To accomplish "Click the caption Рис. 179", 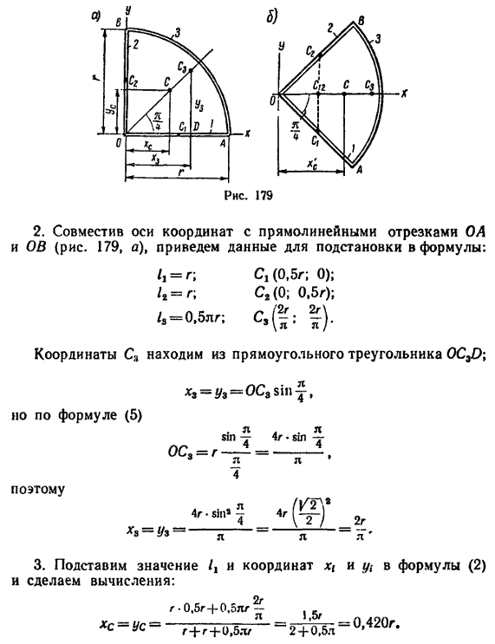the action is [x=248, y=195].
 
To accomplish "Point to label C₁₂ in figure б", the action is [x=319, y=86].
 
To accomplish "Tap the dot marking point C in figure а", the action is [x=170, y=90].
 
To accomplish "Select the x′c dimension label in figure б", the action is [x=313, y=163].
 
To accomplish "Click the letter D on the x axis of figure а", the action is [x=196, y=127].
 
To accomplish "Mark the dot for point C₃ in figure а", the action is [x=191, y=70].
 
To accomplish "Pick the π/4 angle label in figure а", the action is [x=158, y=120].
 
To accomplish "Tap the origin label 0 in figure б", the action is [x=272, y=101].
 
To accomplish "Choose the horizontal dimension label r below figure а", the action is [x=180, y=172].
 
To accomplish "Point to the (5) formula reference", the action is [x=133, y=416].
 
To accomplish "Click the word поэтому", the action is [x=37, y=490].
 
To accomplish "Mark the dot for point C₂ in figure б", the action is [x=320, y=55].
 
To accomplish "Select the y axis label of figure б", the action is [x=282, y=45].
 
